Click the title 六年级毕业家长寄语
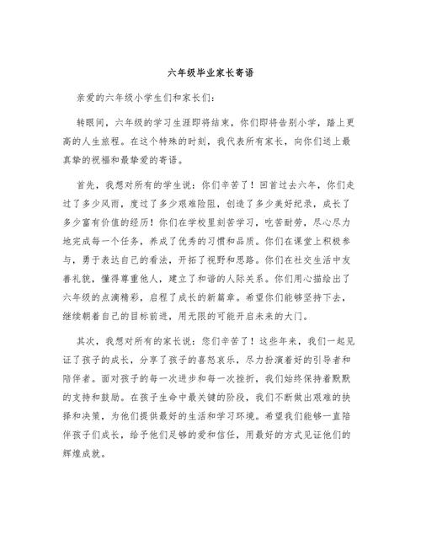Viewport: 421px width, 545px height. coord(210,72)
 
